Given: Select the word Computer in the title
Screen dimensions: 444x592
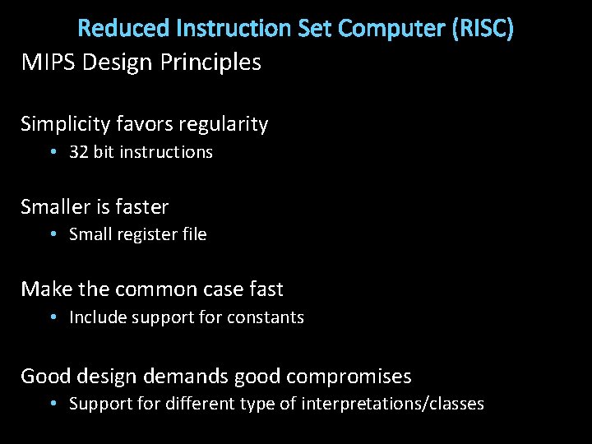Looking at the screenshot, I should (392, 29).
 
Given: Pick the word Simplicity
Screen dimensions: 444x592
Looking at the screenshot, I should (64, 124).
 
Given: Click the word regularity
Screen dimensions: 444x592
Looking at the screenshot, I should (224, 125).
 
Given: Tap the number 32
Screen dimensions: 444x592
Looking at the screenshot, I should (79, 152).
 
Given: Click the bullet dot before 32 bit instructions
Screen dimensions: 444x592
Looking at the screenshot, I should (52, 152).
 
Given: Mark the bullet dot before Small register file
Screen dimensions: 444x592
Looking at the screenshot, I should (52, 234).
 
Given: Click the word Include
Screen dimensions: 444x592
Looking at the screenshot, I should (95, 317).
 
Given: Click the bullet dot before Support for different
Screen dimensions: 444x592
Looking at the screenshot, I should (52, 404).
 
